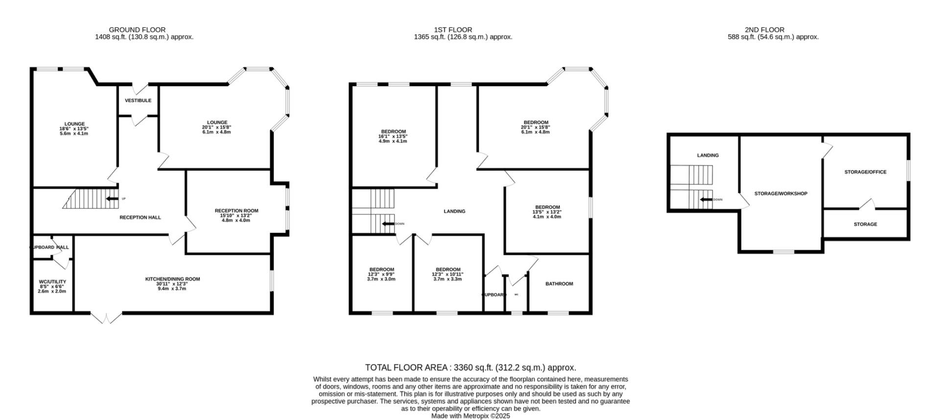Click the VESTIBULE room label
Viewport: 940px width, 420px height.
coord(138,101)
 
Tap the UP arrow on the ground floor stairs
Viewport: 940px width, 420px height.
coord(113,199)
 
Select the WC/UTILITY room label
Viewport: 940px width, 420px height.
coord(52,282)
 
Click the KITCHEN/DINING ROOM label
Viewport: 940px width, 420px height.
coord(172,279)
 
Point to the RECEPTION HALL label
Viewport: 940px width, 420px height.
coord(140,218)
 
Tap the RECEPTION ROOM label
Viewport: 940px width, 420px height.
coord(236,211)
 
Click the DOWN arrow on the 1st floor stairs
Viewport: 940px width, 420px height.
coord(389,224)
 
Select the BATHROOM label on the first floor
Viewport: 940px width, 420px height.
coord(559,284)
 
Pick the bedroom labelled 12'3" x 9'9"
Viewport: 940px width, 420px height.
coord(381,274)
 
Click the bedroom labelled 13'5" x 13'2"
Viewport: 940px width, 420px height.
coord(547,212)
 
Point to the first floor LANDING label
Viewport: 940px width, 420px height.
coord(454,211)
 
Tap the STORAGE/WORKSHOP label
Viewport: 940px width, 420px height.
coord(780,194)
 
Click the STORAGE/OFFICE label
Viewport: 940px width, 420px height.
coord(865,172)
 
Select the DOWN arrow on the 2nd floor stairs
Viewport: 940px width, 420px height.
coord(706,199)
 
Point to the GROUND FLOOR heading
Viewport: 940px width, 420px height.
coord(137,30)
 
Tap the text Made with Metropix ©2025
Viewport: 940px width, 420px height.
coord(470,416)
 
